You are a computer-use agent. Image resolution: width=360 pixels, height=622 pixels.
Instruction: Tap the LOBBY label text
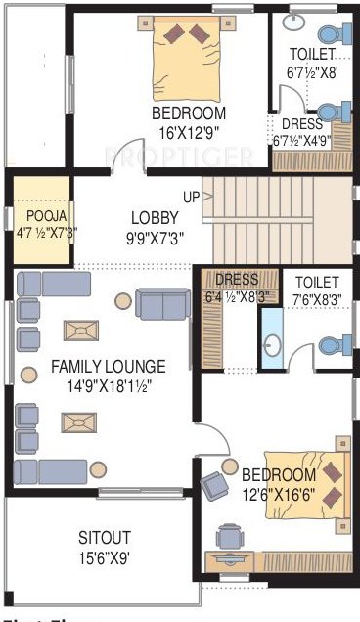[x=155, y=217]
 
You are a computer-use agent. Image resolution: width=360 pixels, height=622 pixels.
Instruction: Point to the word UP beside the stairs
[x=191, y=198]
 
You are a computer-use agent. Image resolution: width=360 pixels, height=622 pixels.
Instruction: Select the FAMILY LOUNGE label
[x=109, y=367]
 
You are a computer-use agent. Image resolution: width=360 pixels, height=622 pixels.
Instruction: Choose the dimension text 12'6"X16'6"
[x=279, y=494]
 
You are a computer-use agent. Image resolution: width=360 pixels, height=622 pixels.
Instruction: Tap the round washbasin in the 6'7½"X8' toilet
[x=294, y=21]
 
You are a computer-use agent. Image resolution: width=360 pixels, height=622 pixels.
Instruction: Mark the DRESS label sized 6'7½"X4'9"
[x=302, y=124]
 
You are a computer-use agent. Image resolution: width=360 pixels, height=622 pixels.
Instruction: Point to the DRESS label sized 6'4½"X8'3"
[x=236, y=279]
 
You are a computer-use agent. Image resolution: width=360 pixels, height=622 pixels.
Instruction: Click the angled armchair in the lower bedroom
[x=215, y=486]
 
